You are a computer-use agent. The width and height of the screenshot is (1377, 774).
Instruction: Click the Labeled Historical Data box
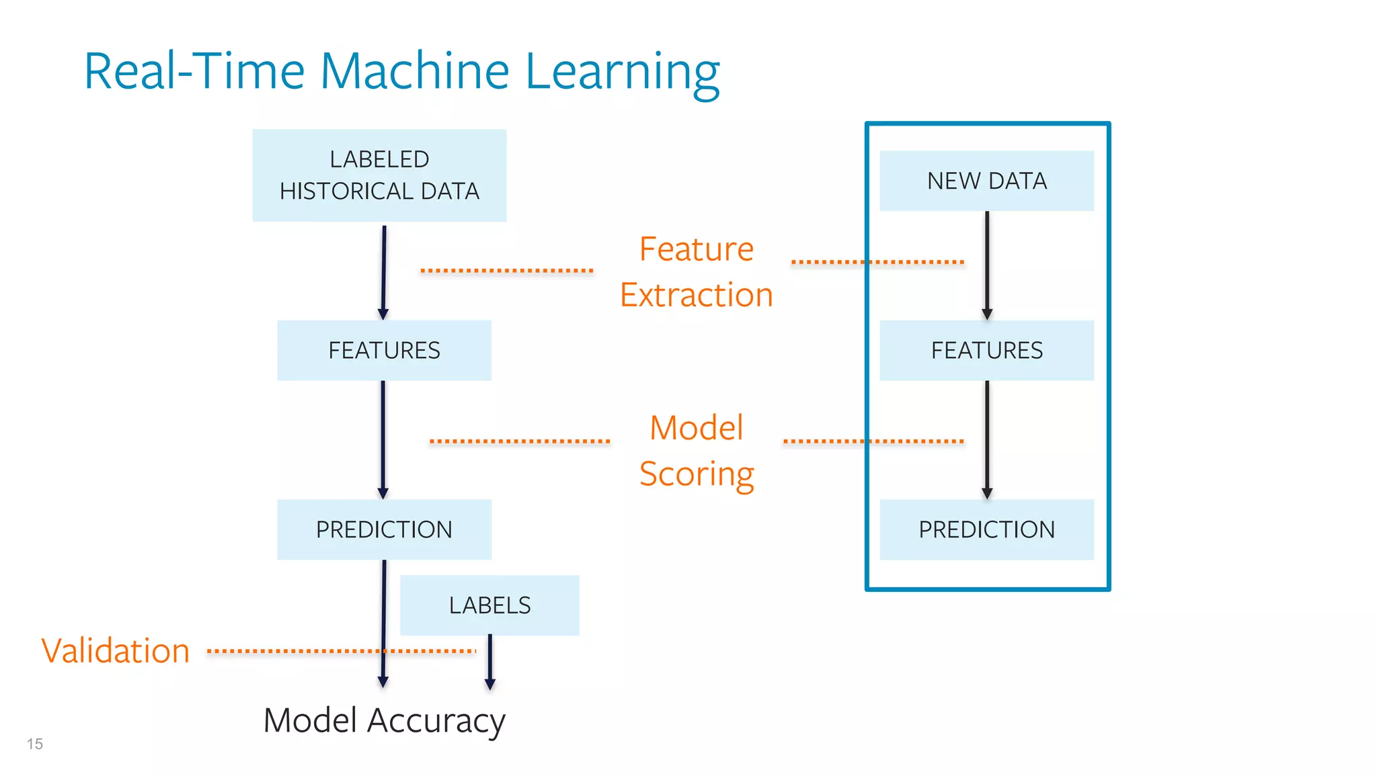pyautogui.click(x=379, y=175)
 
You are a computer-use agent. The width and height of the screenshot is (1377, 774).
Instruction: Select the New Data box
pyautogui.click(x=986, y=181)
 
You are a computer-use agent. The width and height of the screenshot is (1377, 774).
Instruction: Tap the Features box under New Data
pyautogui.click(x=986, y=350)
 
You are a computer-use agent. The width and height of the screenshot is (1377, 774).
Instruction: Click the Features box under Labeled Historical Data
pyautogui.click(x=384, y=350)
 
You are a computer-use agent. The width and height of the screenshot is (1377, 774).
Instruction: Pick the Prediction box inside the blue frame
pyautogui.click(x=986, y=529)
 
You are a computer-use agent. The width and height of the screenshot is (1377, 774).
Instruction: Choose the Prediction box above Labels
pyautogui.click(x=384, y=529)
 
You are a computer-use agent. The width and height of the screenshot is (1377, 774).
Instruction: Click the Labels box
pyautogui.click(x=489, y=605)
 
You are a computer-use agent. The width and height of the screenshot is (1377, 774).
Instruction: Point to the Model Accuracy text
pyautogui.click(x=384, y=721)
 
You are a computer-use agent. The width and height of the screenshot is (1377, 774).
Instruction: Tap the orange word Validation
pyautogui.click(x=116, y=651)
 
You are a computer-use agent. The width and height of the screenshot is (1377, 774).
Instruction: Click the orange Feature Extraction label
pyautogui.click(x=697, y=272)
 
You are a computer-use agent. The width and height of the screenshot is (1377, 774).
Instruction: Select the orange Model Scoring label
pyautogui.click(x=697, y=451)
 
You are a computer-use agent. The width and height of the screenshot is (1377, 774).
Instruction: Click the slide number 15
pyautogui.click(x=35, y=744)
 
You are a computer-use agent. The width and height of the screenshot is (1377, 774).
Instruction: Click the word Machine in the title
pyautogui.click(x=415, y=71)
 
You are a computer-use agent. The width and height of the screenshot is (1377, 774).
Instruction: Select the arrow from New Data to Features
pyautogui.click(x=987, y=265)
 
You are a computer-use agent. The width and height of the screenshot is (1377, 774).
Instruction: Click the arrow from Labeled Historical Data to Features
pyautogui.click(x=384, y=272)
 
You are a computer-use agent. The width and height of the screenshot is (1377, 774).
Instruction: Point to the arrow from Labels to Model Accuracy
pyautogui.click(x=490, y=662)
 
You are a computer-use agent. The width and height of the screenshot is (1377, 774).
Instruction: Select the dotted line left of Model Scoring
pyautogui.click(x=519, y=441)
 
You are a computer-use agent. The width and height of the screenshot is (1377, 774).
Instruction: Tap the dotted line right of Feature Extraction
pyautogui.click(x=877, y=262)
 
